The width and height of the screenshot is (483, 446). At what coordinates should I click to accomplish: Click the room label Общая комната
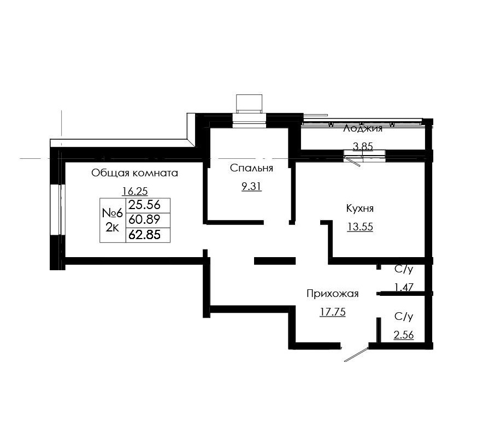coord(134,173)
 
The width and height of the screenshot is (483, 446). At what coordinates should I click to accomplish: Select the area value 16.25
coord(135,191)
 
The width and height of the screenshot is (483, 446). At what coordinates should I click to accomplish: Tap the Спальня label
coord(251,168)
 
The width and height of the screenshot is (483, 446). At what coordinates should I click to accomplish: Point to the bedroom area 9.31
coord(251,186)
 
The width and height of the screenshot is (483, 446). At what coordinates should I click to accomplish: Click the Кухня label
coord(360,209)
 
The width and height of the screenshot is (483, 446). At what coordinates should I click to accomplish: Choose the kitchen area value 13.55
coord(360,227)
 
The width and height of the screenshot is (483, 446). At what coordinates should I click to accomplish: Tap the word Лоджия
coord(362,129)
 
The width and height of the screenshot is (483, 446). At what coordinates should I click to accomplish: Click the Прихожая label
coord(332,294)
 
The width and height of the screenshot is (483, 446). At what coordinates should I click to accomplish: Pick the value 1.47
coord(403,286)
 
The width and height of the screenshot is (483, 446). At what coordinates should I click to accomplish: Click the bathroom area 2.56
coord(403,335)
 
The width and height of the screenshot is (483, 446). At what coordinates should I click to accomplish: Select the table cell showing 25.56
coord(145,205)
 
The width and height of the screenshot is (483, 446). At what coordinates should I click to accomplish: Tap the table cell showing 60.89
coord(145,220)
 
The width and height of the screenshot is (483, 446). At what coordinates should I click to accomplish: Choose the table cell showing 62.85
coord(145,235)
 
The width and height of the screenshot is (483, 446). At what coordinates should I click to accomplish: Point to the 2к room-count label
coord(112,228)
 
